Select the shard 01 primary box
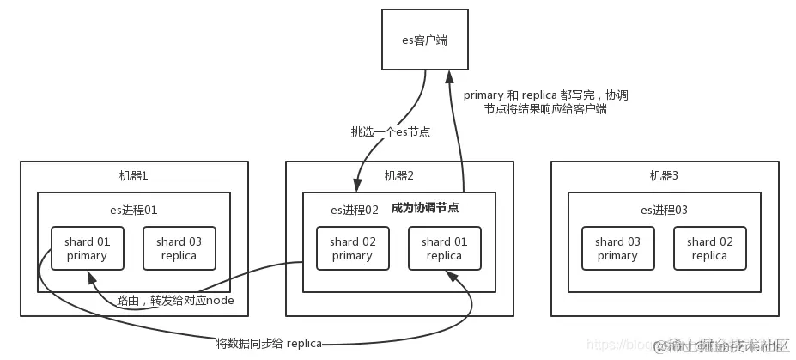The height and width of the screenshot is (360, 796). tap(87, 248)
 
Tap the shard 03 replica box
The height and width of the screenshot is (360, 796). tap(179, 248)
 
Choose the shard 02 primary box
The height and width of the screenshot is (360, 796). tap(352, 248)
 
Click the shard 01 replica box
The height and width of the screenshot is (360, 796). tap(444, 248)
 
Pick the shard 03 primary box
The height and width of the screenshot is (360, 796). tap(617, 248)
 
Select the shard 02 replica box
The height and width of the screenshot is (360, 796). tap(709, 248)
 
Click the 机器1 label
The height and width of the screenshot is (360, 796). tap(133, 175)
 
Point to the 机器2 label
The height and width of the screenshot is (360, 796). tap(398, 175)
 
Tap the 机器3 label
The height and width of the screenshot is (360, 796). tap(664, 175)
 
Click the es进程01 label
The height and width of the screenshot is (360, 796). tap(133, 209)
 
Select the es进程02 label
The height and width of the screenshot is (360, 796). tap(355, 209)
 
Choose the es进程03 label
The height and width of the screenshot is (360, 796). tap(664, 209)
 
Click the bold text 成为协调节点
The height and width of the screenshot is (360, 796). tap(424, 208)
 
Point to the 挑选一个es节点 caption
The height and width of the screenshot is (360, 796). tap(390, 132)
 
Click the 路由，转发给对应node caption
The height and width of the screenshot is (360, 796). tap(175, 300)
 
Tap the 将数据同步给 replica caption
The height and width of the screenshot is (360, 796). tap(269, 344)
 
